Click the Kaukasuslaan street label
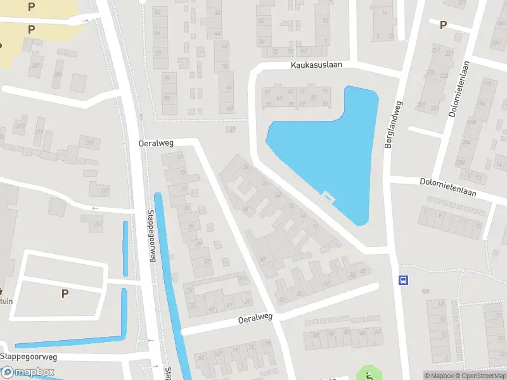point(317,65)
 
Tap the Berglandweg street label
point(394,125)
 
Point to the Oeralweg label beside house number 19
point(156,143)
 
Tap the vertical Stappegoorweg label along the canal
point(151,236)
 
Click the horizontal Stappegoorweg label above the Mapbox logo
point(29,357)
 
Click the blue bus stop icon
point(402,280)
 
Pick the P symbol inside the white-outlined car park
point(64,293)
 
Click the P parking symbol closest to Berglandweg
point(443,25)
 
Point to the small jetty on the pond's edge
point(326,197)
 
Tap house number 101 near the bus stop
point(425,292)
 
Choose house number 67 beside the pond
point(279,98)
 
